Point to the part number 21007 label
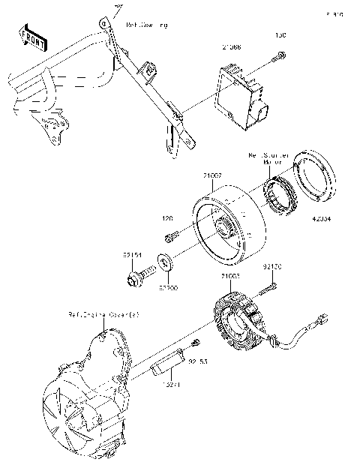point(211,174)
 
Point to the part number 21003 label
point(230,276)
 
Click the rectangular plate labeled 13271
point(166,367)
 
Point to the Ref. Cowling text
point(148,25)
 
